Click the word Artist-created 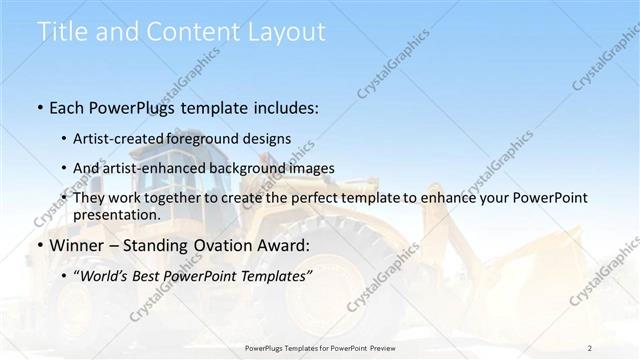tap(119, 139)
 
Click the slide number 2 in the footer tap(590, 348)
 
